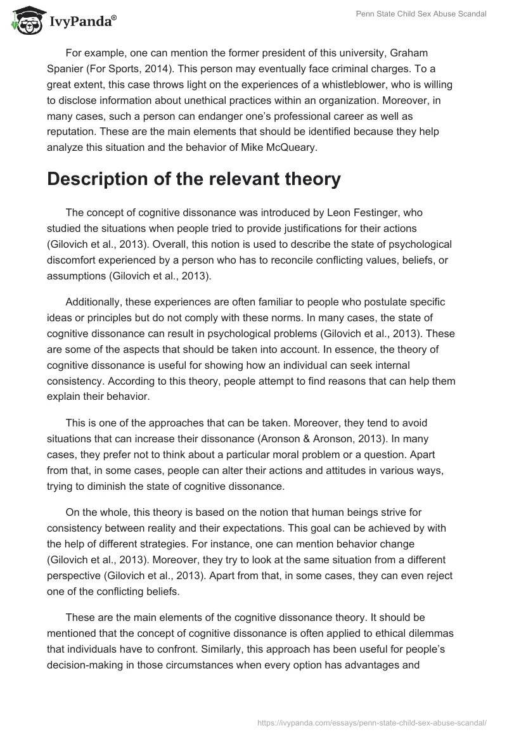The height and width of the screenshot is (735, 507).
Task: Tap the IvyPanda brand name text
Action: pyautogui.click(x=82, y=23)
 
